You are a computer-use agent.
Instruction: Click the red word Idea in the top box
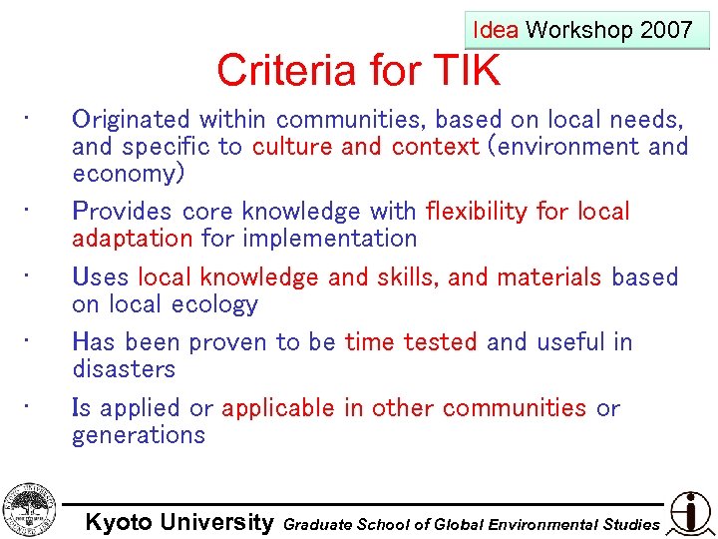coord(495,30)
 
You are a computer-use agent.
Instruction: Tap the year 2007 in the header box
coord(666,30)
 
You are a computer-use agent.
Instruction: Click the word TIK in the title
coord(467,71)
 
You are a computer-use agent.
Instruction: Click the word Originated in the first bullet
coord(133,120)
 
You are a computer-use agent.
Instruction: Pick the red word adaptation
coord(132,239)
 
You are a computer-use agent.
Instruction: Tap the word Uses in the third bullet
coord(101,277)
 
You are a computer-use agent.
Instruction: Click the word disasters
coord(124,369)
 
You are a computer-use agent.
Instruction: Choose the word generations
coord(139,435)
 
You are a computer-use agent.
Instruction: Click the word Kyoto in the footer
coord(119,522)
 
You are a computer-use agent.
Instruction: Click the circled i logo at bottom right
coord(690,513)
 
